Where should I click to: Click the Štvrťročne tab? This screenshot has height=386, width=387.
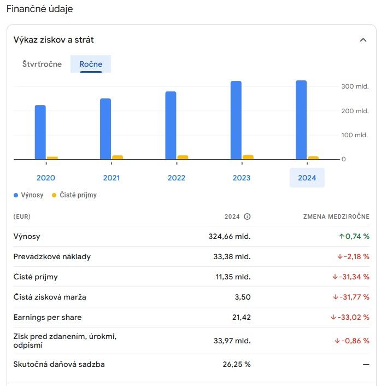(x=42, y=64)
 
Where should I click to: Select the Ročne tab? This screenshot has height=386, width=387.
(x=91, y=64)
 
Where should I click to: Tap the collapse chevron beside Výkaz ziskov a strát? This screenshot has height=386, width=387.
(x=363, y=40)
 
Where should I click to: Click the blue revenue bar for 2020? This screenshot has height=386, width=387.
(x=40, y=132)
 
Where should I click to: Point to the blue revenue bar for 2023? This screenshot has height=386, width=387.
(x=236, y=120)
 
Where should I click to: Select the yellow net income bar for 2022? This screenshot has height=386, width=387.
(x=183, y=157)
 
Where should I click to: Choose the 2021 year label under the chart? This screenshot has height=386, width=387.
(x=111, y=178)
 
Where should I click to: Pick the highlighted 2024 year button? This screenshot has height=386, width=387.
(x=307, y=178)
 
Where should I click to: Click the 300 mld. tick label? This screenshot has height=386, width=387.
(x=355, y=86)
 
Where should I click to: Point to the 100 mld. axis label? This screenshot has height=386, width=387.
(x=355, y=135)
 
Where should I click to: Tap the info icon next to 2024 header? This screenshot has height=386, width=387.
(x=247, y=217)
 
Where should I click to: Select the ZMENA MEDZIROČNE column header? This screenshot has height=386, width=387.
(x=336, y=217)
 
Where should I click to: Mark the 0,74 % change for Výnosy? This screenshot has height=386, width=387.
(x=354, y=236)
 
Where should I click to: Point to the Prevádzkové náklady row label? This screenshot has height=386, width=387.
(x=52, y=256)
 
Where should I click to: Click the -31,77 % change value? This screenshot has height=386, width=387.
(x=351, y=297)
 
